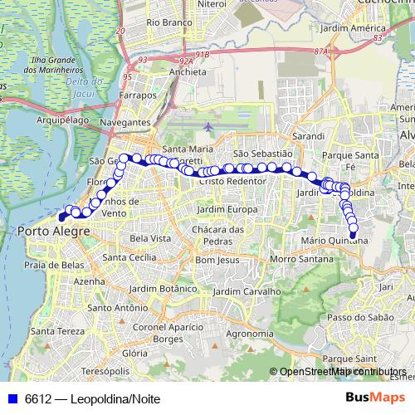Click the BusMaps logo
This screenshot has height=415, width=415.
pos(374,398)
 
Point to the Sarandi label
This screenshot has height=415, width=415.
pos(308,134)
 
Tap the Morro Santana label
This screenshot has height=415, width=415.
pos(295,260)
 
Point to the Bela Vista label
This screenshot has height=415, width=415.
pos(151,238)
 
